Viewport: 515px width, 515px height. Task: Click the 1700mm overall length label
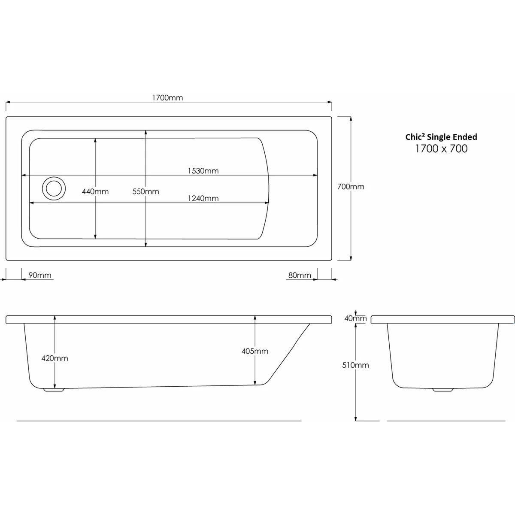pos(167,98)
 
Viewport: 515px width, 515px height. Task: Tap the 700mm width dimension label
pos(351,187)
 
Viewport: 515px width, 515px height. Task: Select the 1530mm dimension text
pos(203,171)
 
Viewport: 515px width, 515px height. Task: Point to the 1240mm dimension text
pos(203,198)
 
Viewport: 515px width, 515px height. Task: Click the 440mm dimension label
pos(95,191)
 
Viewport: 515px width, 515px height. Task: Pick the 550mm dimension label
pos(145,191)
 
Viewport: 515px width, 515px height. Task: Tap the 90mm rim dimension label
pos(40,275)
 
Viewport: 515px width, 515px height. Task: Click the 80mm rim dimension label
pos(300,275)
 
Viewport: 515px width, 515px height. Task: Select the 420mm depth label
pos(55,358)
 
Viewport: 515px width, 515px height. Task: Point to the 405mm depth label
pos(255,351)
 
